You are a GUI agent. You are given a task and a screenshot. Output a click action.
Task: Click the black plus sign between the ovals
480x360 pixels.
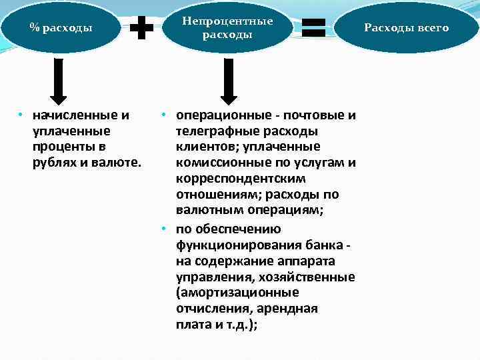(x=141, y=28)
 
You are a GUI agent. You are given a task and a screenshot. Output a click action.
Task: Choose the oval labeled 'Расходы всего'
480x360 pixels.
(x=407, y=27)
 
